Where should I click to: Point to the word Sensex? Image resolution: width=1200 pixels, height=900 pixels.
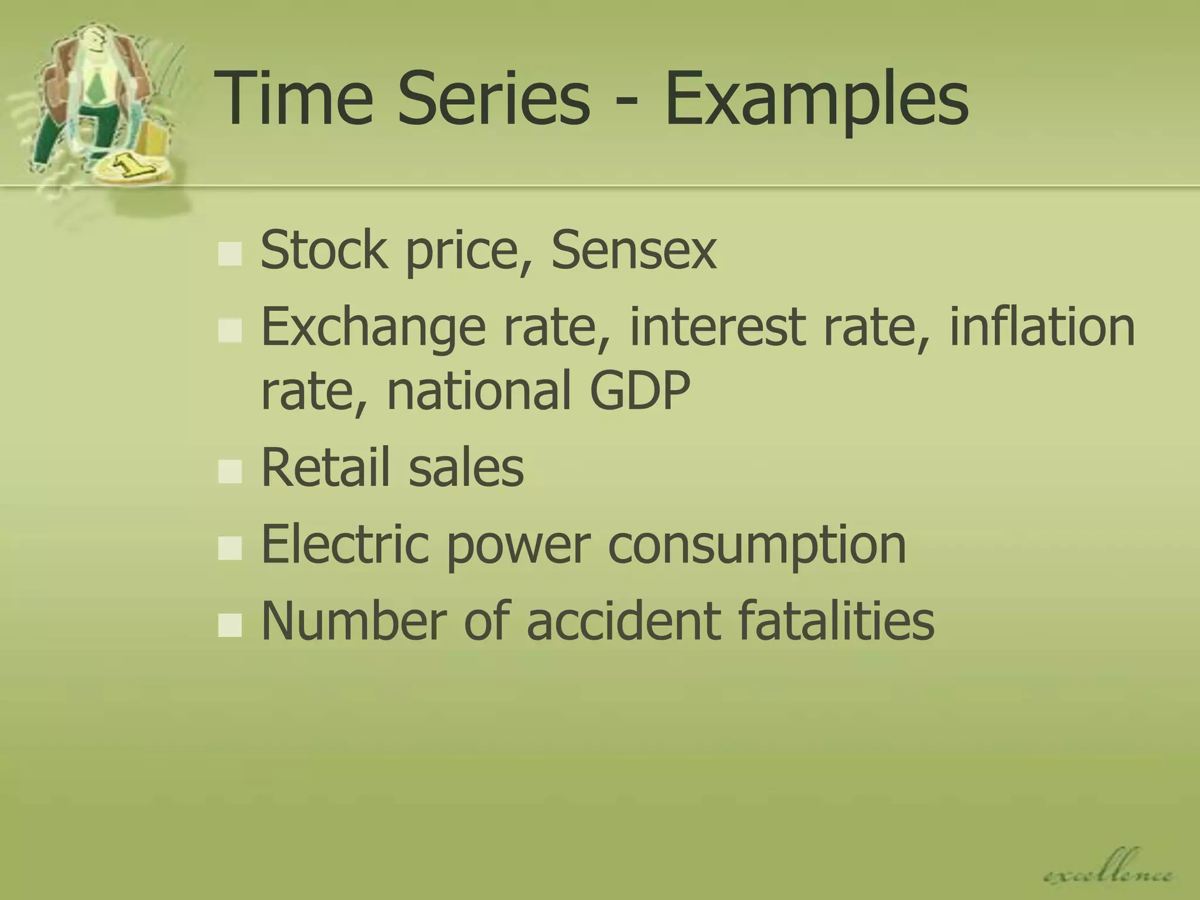(634, 251)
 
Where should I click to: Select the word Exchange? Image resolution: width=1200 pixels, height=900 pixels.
(373, 328)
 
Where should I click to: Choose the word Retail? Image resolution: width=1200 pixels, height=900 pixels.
(325, 467)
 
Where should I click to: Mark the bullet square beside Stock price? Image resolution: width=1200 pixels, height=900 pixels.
(230, 254)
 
